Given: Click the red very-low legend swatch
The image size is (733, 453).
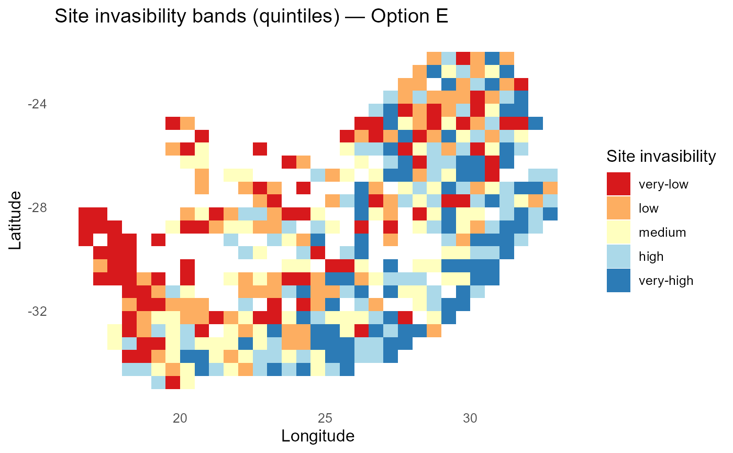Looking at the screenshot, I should click(619, 184).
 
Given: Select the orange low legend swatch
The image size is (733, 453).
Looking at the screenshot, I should click(619, 208).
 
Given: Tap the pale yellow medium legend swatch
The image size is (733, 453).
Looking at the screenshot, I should click(619, 232).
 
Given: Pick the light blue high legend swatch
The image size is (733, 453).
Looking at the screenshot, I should click(619, 256).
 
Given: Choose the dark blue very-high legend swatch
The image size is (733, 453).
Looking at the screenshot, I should click(619, 280).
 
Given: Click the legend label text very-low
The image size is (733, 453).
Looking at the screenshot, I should click(663, 184).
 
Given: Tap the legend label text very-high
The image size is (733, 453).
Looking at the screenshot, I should click(666, 281).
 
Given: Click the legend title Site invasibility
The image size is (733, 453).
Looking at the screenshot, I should click(661, 156).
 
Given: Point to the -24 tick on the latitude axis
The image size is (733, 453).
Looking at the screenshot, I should click(37, 104).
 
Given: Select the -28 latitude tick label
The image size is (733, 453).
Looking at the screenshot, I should click(37, 208).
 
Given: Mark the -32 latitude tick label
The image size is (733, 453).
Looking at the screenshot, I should click(37, 312).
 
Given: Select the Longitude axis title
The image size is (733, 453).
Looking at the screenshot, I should click(318, 436).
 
